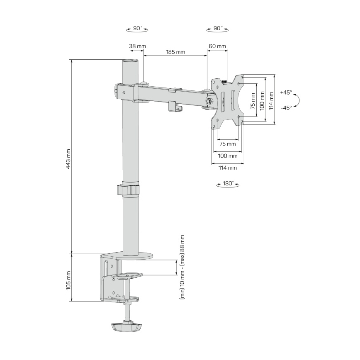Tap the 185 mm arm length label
click(175, 52)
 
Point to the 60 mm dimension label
click(217, 46)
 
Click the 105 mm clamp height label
click(68, 280)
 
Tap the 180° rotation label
click(229, 183)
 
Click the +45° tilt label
click(286, 92)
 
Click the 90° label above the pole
click(137, 29)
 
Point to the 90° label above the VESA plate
click(217, 29)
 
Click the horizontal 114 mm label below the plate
click(227, 168)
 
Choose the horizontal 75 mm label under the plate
click(227, 144)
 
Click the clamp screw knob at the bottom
click(126, 326)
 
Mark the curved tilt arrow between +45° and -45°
click(298, 100)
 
